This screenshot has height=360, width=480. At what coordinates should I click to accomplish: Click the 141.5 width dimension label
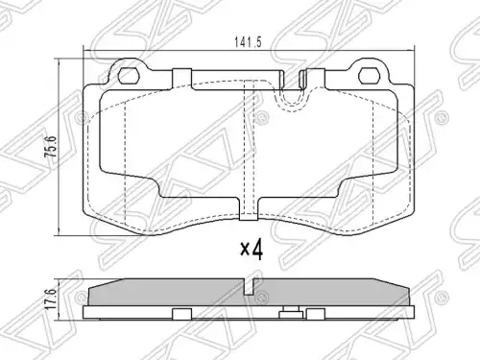pyautogui.click(x=248, y=42)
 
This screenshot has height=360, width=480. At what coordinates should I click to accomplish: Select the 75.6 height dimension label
pyautogui.click(x=51, y=146)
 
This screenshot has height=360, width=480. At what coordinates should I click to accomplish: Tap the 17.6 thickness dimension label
pyautogui.click(x=51, y=299)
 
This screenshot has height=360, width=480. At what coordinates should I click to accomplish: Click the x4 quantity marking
pyautogui.click(x=252, y=251)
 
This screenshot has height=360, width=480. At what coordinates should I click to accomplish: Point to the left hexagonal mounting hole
pyautogui.click(x=129, y=76)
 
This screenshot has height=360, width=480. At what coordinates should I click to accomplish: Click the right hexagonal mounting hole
pyautogui.click(x=369, y=76)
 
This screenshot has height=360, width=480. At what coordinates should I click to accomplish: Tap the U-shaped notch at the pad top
pyautogui.click(x=291, y=96)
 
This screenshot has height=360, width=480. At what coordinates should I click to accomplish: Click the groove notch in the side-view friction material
pyautogui.click(x=249, y=287)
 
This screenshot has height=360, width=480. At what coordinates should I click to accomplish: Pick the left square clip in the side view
pyautogui.click(x=181, y=314)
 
